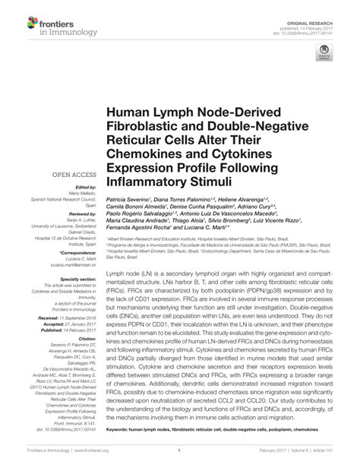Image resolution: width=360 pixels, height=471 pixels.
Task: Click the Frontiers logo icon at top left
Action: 17,18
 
